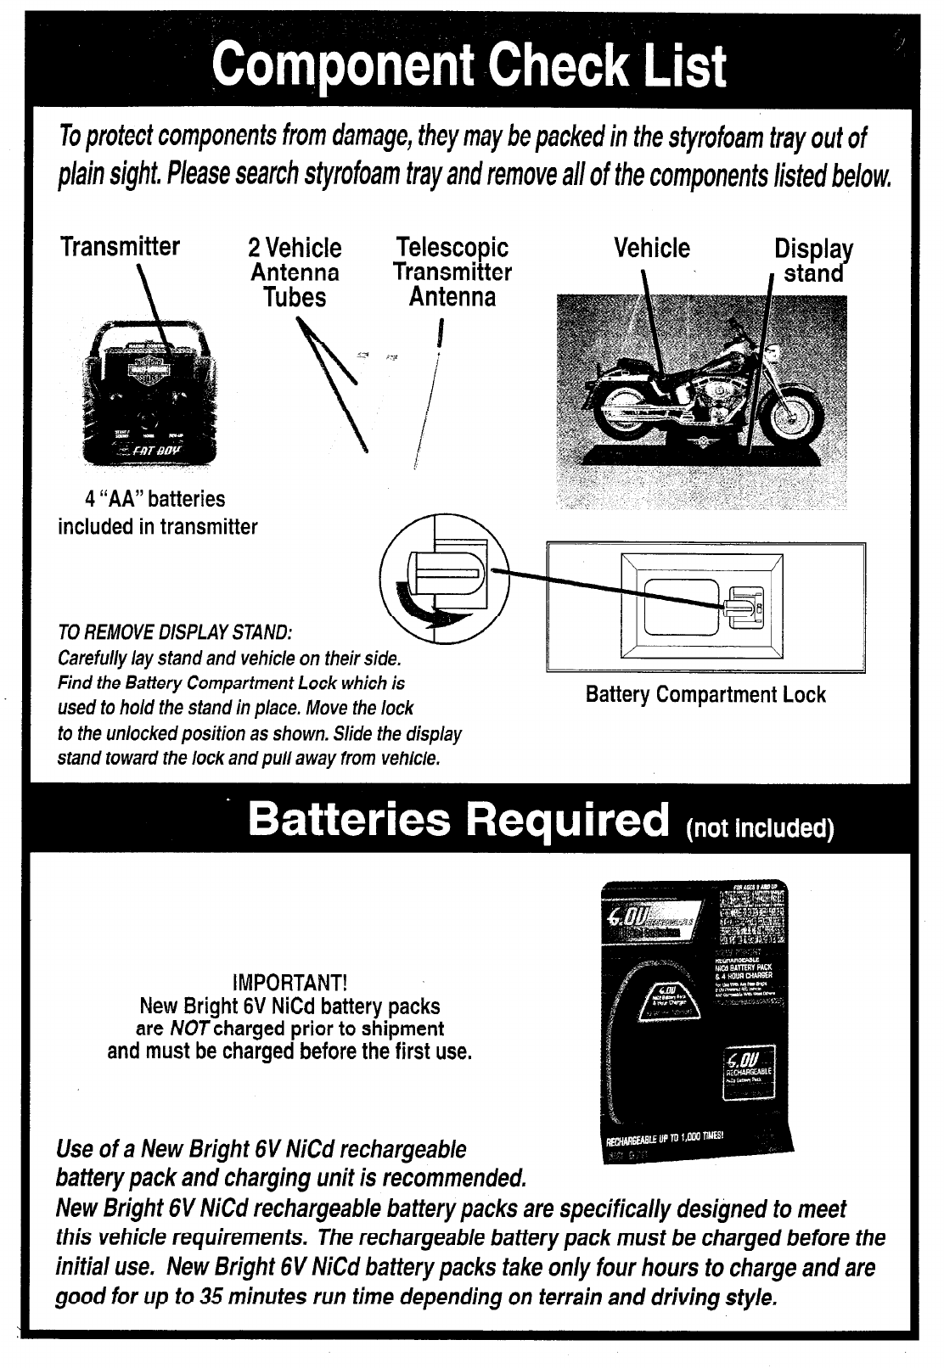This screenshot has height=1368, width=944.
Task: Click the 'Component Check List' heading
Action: tap(470, 65)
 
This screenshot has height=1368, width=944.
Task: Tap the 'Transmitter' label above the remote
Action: tap(120, 247)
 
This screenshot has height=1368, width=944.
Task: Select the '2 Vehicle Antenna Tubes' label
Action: tap(295, 272)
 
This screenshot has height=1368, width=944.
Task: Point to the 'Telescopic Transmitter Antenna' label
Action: tap(452, 272)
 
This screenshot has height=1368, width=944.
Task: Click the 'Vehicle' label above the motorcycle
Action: tap(652, 248)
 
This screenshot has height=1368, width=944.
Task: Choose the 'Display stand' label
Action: tap(813, 261)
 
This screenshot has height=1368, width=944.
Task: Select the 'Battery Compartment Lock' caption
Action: tap(705, 695)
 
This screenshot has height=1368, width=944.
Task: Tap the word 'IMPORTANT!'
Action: tap(289, 984)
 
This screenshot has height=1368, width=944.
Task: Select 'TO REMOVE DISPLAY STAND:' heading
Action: tap(175, 634)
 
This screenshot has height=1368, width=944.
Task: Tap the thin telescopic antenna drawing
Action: tap(427, 399)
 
